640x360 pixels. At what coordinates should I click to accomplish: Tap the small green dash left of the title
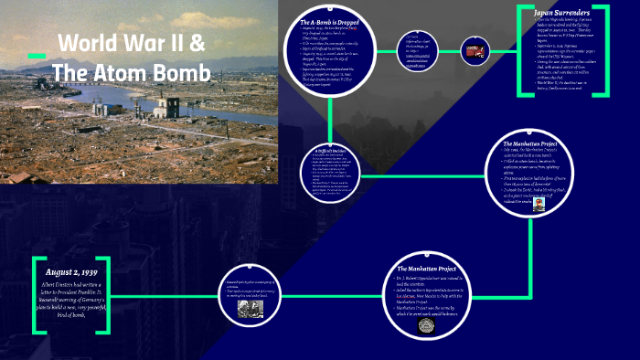pos(37,57)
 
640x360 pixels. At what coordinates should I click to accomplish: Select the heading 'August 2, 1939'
pos(80,272)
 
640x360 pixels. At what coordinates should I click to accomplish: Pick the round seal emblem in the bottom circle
pos(425,325)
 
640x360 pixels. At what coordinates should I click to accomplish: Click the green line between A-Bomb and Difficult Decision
pos(327,114)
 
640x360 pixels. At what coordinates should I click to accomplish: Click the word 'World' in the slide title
pos(90,43)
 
